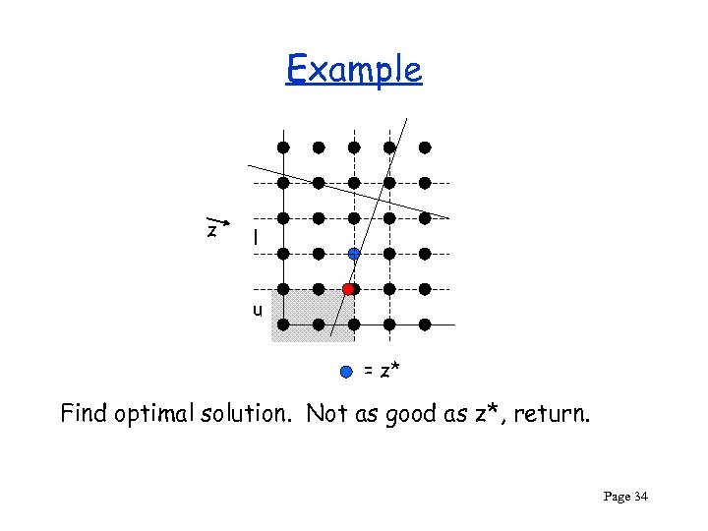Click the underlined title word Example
pos(354,71)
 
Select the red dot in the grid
pos(348,289)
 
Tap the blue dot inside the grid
pos(354,253)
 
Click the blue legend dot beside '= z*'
pos(345,371)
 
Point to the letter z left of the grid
pos(211,230)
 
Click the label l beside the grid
pos(255,237)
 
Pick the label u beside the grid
pos(256,310)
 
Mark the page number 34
pos(641,498)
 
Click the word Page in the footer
pos(616,498)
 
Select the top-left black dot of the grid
pos(283,147)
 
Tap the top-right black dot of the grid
pos(425,147)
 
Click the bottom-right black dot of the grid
pos(425,324)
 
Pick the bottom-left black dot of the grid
pos(283,324)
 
